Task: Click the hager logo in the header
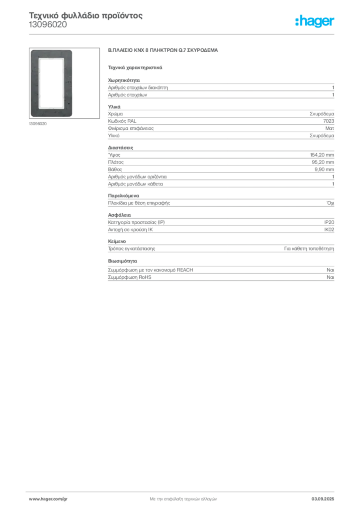[315, 21]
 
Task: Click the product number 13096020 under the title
[48, 25]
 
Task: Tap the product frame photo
[64, 83]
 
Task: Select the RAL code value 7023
[329, 121]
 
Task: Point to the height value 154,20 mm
[322, 155]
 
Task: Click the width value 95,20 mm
[323, 162]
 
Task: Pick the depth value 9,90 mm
[324, 170]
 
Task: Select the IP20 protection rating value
[329, 222]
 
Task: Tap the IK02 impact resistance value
[329, 230]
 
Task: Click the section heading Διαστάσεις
[120, 148]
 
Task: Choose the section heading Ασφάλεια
[119, 215]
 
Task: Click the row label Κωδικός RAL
[122, 121]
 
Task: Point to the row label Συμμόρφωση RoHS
[129, 277]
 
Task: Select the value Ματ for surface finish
[330, 128]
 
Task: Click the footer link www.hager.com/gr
[48, 499]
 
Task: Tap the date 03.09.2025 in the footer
[323, 499]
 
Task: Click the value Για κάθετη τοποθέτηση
[309, 249]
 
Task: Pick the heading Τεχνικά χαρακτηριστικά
[135, 68]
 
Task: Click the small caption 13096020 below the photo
[38, 124]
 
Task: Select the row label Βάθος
[115, 170]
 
